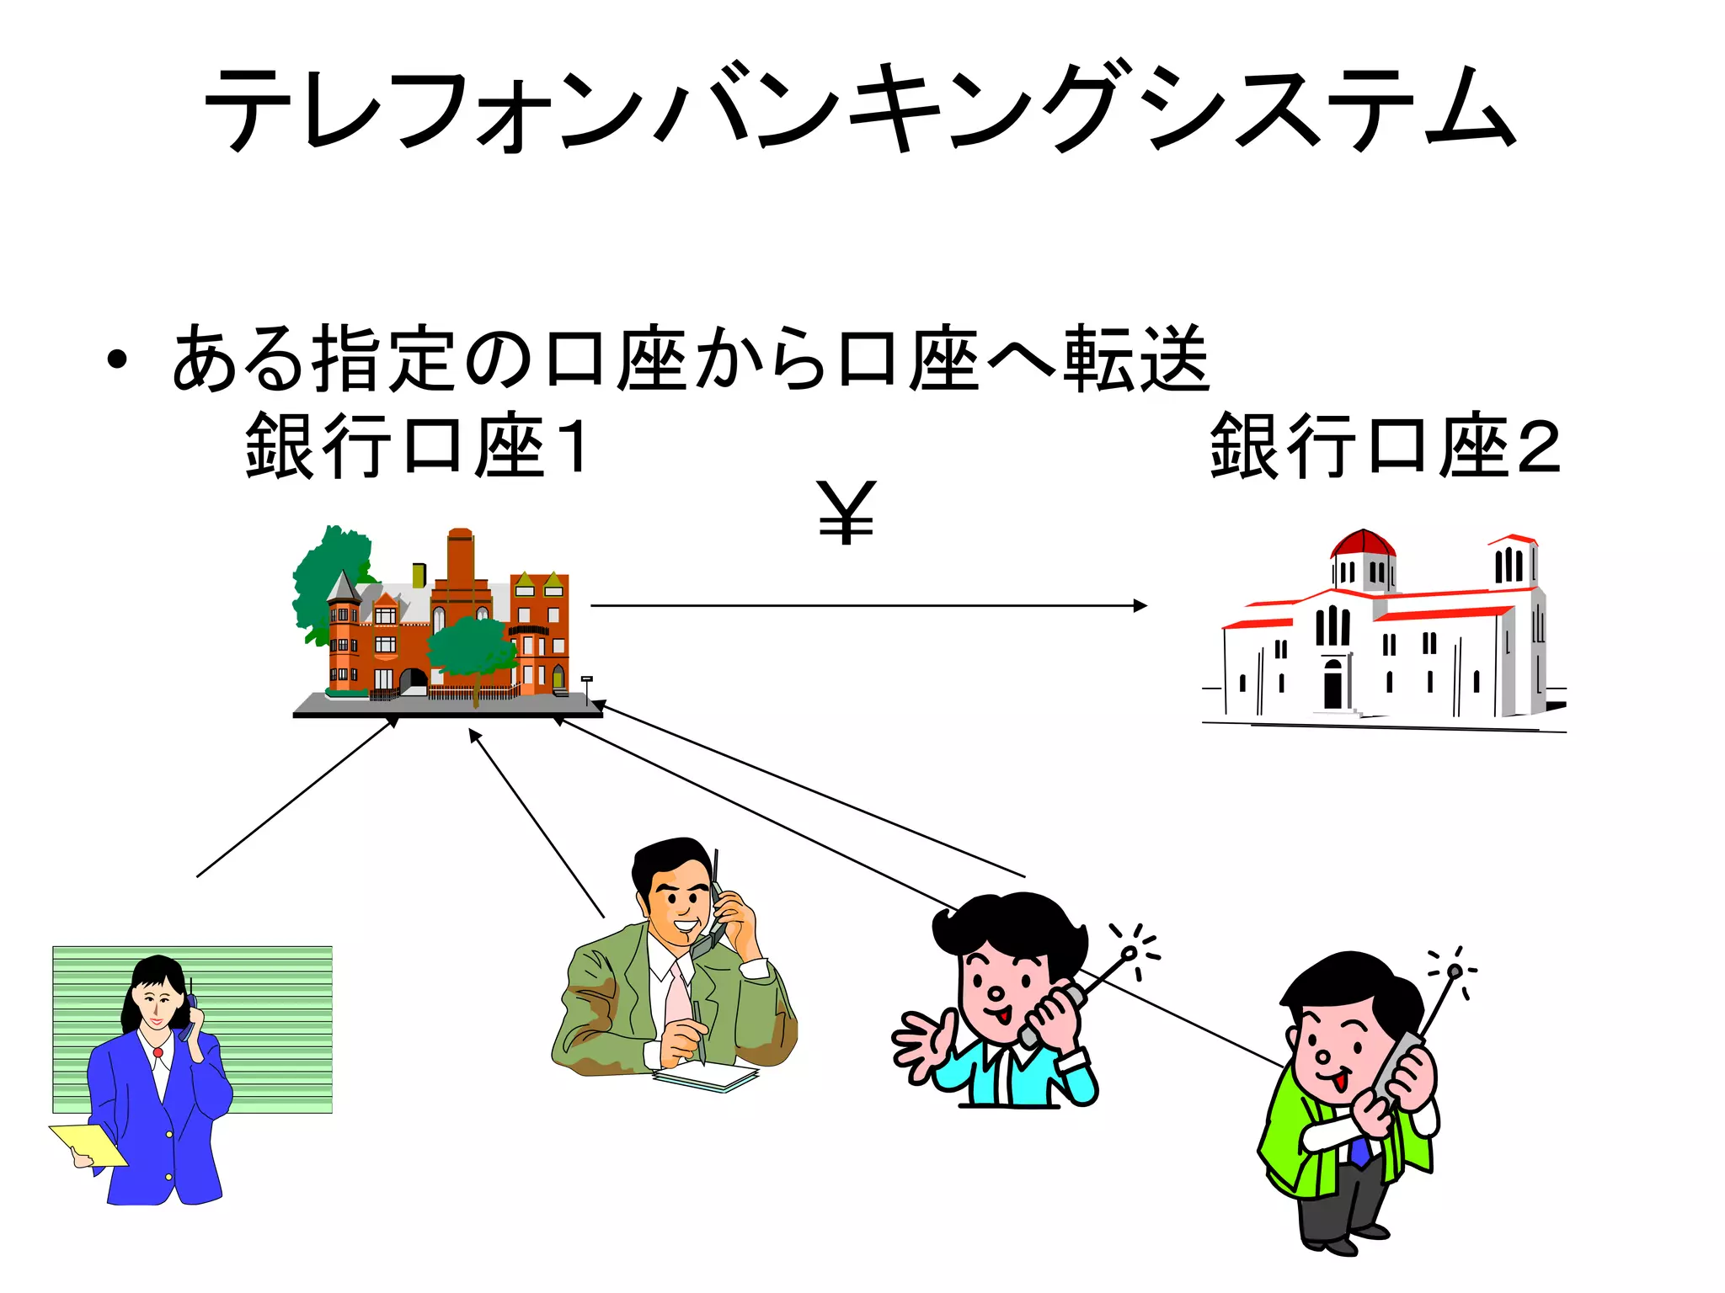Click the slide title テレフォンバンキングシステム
859,109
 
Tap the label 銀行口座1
417,446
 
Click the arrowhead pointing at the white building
1140,605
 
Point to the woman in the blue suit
160,1094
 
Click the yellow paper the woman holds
88,1145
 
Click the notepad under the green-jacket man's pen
708,1077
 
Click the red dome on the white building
1362,543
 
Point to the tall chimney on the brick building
460,560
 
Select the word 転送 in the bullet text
1137,360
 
